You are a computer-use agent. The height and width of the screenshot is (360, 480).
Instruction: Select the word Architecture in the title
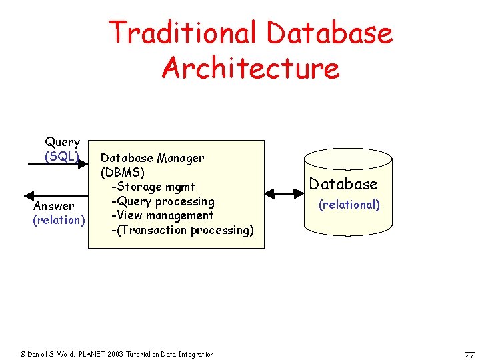click(x=250, y=68)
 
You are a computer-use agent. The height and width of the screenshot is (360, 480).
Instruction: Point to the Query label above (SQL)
click(x=62, y=142)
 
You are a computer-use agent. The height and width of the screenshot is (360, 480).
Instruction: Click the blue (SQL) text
click(x=62, y=156)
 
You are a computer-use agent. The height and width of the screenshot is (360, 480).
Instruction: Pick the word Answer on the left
click(x=53, y=206)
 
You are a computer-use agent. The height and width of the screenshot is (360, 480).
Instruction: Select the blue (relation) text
click(x=59, y=220)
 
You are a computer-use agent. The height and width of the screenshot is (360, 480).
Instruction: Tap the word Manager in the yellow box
click(x=180, y=158)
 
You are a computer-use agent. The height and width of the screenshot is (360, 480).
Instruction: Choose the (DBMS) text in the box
click(x=122, y=172)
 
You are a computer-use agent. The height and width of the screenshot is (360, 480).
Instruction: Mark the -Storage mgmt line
click(x=152, y=187)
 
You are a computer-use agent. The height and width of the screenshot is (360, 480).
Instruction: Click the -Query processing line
click(x=162, y=201)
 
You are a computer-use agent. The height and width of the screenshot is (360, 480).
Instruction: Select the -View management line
click(x=162, y=215)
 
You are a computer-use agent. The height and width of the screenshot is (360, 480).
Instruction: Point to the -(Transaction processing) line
click(x=182, y=230)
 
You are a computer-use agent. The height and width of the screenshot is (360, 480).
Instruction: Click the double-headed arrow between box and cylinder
click(x=284, y=194)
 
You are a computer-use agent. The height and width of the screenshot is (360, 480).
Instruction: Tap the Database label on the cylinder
click(x=343, y=184)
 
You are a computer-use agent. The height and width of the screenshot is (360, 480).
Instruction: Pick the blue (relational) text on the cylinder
click(x=349, y=205)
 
